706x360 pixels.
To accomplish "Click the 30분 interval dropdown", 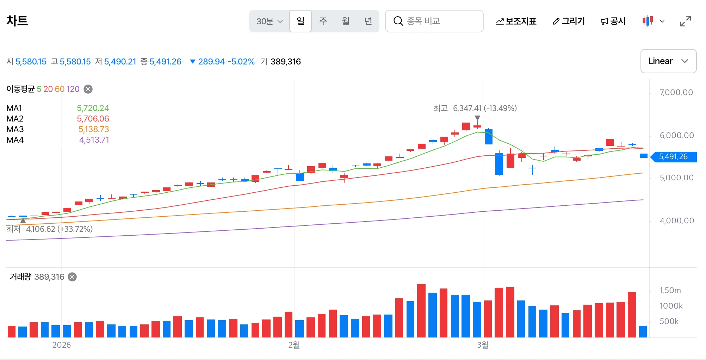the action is point(270,21).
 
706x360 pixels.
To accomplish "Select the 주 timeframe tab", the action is point(323,21).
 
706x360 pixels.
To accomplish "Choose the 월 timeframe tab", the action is point(346,21).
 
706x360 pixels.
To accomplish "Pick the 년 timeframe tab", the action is point(368,21).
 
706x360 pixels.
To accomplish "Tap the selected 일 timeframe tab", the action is point(301,21).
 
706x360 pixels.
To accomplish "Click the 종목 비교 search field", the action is point(434,21).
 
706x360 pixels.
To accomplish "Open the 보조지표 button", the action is point(516,21).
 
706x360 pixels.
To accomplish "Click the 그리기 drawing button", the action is point(569,21).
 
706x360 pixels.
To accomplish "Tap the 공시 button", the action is point(613,21).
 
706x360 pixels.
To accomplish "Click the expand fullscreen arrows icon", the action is point(686,21).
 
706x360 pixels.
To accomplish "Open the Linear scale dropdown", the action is point(668,61).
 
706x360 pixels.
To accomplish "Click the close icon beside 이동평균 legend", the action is point(88,89).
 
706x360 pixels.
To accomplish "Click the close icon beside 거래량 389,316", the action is point(72,277).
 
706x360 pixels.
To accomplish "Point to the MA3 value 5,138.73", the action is point(94,129).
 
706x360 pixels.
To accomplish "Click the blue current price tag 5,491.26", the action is point(673,157).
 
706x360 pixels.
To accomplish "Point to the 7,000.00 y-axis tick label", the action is point(676,92).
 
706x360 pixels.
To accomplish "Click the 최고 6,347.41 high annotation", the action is point(475,108).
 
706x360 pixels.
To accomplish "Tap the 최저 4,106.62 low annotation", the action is point(50,229).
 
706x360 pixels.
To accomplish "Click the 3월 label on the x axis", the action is point(483,345).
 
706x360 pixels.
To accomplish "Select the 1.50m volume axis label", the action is point(670,290).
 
